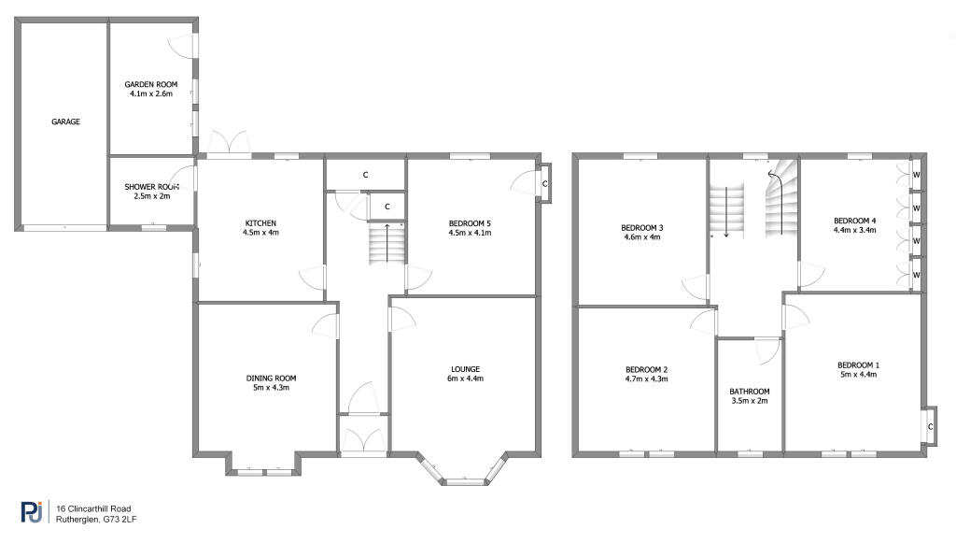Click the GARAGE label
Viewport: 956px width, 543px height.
[x=65, y=121]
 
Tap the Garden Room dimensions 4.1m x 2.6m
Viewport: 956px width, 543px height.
[x=152, y=93]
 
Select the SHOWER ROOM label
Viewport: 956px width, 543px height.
[x=151, y=187]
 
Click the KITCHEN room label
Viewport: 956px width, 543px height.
[x=260, y=222]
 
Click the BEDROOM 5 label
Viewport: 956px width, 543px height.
[x=470, y=222]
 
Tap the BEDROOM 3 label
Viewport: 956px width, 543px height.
[x=641, y=227]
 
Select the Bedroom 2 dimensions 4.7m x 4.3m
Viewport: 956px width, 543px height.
[x=646, y=379]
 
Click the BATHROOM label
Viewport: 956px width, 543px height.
[x=750, y=392]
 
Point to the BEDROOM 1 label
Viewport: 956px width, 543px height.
[x=858, y=364]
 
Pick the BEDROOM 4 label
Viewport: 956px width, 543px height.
[x=854, y=221]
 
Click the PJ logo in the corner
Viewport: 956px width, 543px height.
[x=32, y=511]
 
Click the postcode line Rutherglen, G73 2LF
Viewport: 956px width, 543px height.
[x=96, y=519]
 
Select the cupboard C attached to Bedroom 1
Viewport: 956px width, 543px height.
[x=930, y=427]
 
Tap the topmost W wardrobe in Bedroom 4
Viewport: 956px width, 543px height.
[x=917, y=175]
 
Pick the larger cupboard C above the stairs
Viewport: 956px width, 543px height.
[x=365, y=175]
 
